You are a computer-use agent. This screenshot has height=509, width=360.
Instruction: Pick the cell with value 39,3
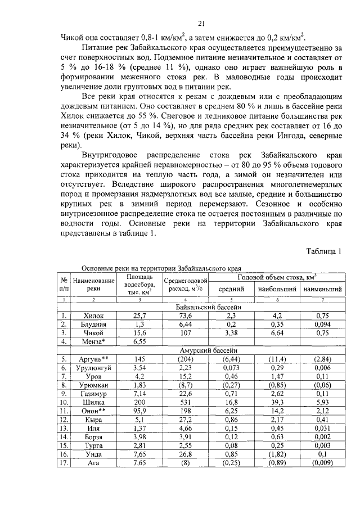coord(277,402)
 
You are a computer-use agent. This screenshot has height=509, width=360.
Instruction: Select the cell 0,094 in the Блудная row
coord(322,325)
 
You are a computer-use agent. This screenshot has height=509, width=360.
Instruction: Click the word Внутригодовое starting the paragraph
coord(111,154)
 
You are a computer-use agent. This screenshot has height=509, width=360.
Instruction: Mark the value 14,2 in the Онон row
coord(277,411)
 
